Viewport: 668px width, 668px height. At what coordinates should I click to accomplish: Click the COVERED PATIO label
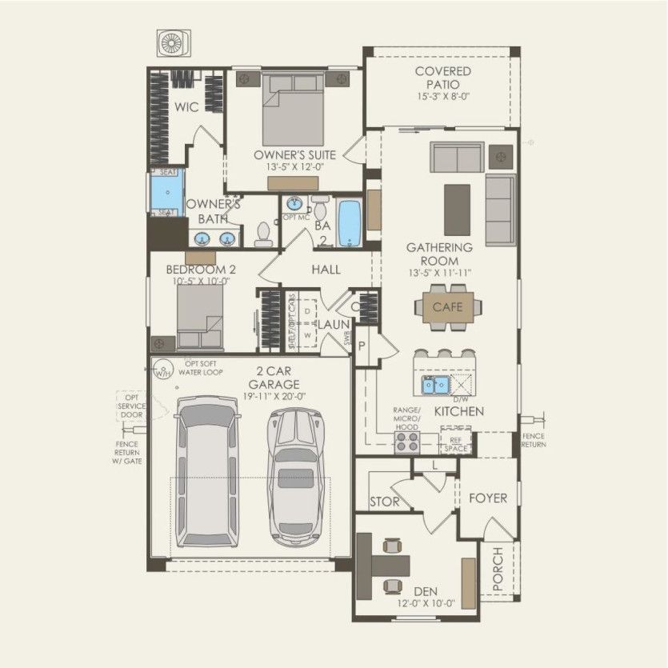[x=442, y=78]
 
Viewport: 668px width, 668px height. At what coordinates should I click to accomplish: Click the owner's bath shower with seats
[x=167, y=192]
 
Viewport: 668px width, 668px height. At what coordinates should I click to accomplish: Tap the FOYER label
[x=487, y=498]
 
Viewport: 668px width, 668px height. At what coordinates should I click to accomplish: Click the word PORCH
[x=498, y=570]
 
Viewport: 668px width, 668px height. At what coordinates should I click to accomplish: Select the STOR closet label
[x=383, y=502]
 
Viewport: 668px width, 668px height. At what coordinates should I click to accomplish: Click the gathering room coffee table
[x=458, y=199]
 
